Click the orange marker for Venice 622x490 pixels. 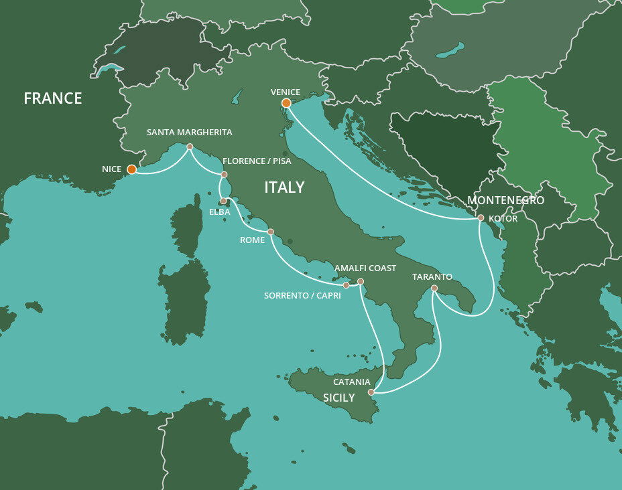(x=286, y=103)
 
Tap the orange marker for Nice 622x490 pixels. (x=132, y=169)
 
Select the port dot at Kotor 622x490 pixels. (x=481, y=218)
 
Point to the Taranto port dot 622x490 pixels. (x=434, y=289)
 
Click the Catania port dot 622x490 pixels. (x=371, y=392)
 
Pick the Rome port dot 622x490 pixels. (x=271, y=232)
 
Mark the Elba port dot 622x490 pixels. (x=223, y=201)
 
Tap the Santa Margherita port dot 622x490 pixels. (x=190, y=147)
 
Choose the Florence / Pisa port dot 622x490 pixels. (x=224, y=175)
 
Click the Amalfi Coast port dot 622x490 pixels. (x=361, y=281)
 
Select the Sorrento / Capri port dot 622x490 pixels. (x=346, y=285)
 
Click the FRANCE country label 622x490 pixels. (x=52, y=98)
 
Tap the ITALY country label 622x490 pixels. (x=284, y=187)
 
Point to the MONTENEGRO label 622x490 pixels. (x=505, y=200)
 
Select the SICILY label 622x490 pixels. (x=338, y=398)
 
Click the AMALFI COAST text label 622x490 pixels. (x=365, y=268)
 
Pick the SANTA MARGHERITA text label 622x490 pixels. (x=190, y=133)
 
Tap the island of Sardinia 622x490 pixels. (x=184, y=301)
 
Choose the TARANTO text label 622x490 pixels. (x=432, y=276)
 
